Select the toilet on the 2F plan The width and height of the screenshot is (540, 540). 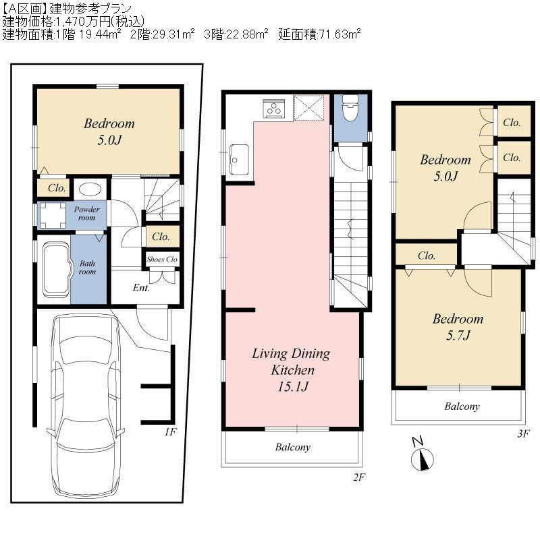349,110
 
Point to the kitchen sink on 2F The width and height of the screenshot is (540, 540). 239,159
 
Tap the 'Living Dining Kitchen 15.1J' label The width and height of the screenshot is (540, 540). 291,370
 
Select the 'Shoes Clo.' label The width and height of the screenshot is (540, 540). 163,259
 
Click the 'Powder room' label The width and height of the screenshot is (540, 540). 87,213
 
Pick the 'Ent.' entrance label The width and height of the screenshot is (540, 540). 141,288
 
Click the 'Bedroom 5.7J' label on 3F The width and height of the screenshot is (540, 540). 458,326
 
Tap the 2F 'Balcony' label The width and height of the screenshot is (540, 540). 292,447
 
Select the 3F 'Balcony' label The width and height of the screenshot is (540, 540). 462,407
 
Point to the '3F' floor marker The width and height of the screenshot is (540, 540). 523,434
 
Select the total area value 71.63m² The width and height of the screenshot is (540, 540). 341,34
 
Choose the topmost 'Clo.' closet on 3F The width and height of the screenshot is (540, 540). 512,123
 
